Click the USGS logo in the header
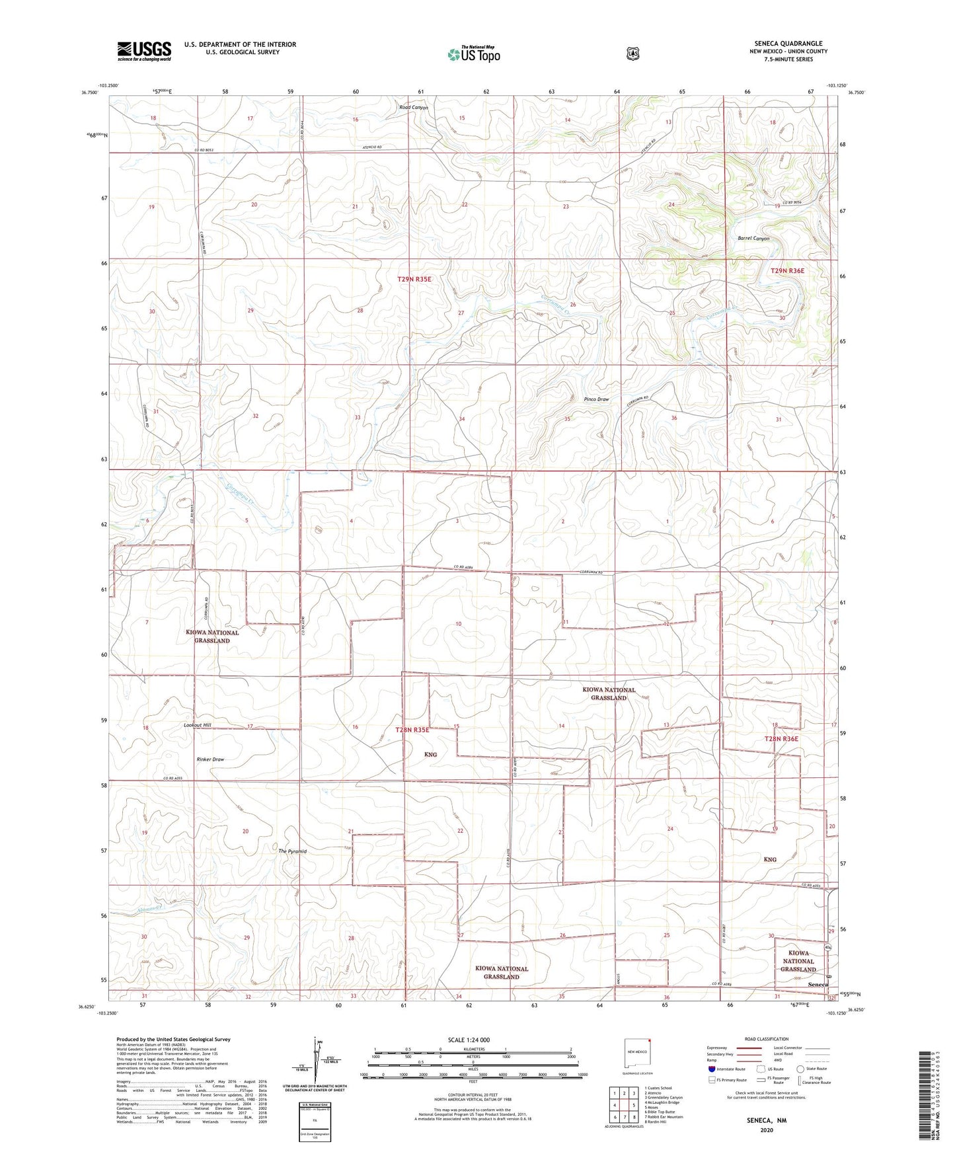144,51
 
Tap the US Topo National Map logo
473,54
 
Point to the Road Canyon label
413,108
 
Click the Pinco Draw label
596,399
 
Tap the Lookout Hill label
198,725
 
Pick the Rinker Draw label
210,759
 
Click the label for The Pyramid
292,851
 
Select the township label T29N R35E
414,280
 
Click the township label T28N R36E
781,739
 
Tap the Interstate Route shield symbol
711,1069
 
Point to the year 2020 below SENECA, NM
767,1130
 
